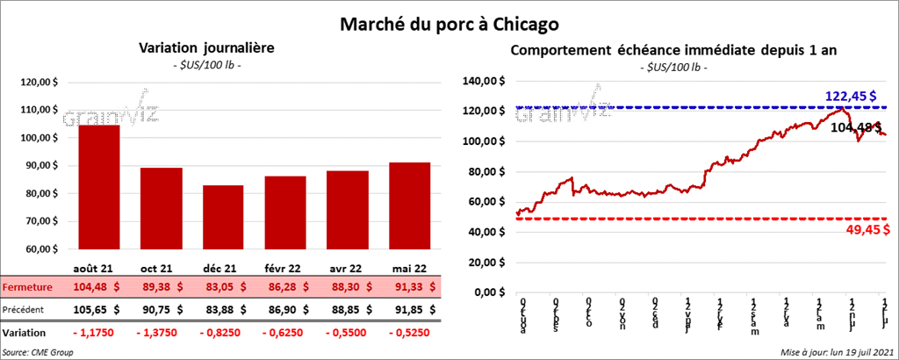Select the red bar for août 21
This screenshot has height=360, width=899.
pyautogui.click(x=99, y=188)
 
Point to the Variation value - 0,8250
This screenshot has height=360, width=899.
pyautogui.click(x=223, y=334)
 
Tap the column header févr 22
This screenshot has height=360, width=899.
pyautogui.click(x=286, y=266)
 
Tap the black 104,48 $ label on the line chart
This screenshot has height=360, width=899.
pyautogui.click(x=856, y=127)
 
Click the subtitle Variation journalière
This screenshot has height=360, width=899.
pyautogui.click(x=206, y=49)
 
